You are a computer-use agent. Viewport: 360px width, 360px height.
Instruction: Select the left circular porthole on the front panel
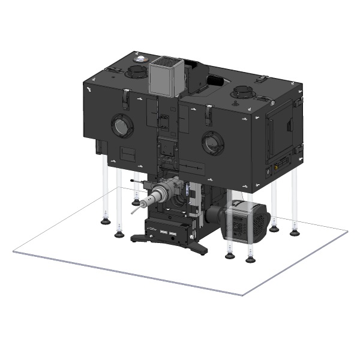[x=121, y=125]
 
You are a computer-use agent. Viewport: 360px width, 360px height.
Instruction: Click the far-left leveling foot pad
[x=106, y=221]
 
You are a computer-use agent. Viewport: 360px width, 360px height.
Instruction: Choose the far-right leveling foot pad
[x=295, y=230]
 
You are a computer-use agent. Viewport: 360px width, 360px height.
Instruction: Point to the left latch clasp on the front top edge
[x=126, y=94]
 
